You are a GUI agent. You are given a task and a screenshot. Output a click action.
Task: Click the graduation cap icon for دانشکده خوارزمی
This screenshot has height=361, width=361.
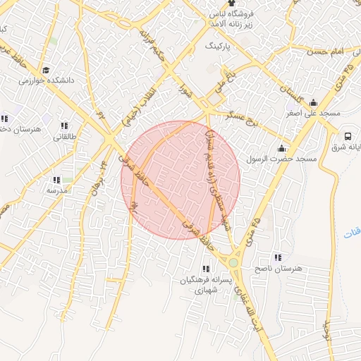pyautogui.click(x=46, y=70)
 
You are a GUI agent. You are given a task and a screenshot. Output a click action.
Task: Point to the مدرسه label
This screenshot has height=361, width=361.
pyautogui.click(x=56, y=190)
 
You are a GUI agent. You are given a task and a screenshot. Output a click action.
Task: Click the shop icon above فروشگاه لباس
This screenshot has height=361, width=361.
pyautogui.click(x=233, y=4)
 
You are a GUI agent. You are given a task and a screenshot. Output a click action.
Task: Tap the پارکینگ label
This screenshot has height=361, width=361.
pyautogui.click(x=217, y=44)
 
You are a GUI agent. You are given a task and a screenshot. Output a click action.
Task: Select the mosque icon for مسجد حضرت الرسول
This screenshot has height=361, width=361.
pyautogui.click(x=282, y=148)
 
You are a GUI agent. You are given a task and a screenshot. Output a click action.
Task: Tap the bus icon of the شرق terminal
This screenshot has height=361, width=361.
pyautogui.click(x=348, y=136)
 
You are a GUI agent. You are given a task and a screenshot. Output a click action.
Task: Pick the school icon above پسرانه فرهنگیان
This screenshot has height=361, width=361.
pyautogui.click(x=206, y=269)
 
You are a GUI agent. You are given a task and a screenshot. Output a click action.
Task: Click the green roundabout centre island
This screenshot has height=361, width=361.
pyautogui.click(x=233, y=262)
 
